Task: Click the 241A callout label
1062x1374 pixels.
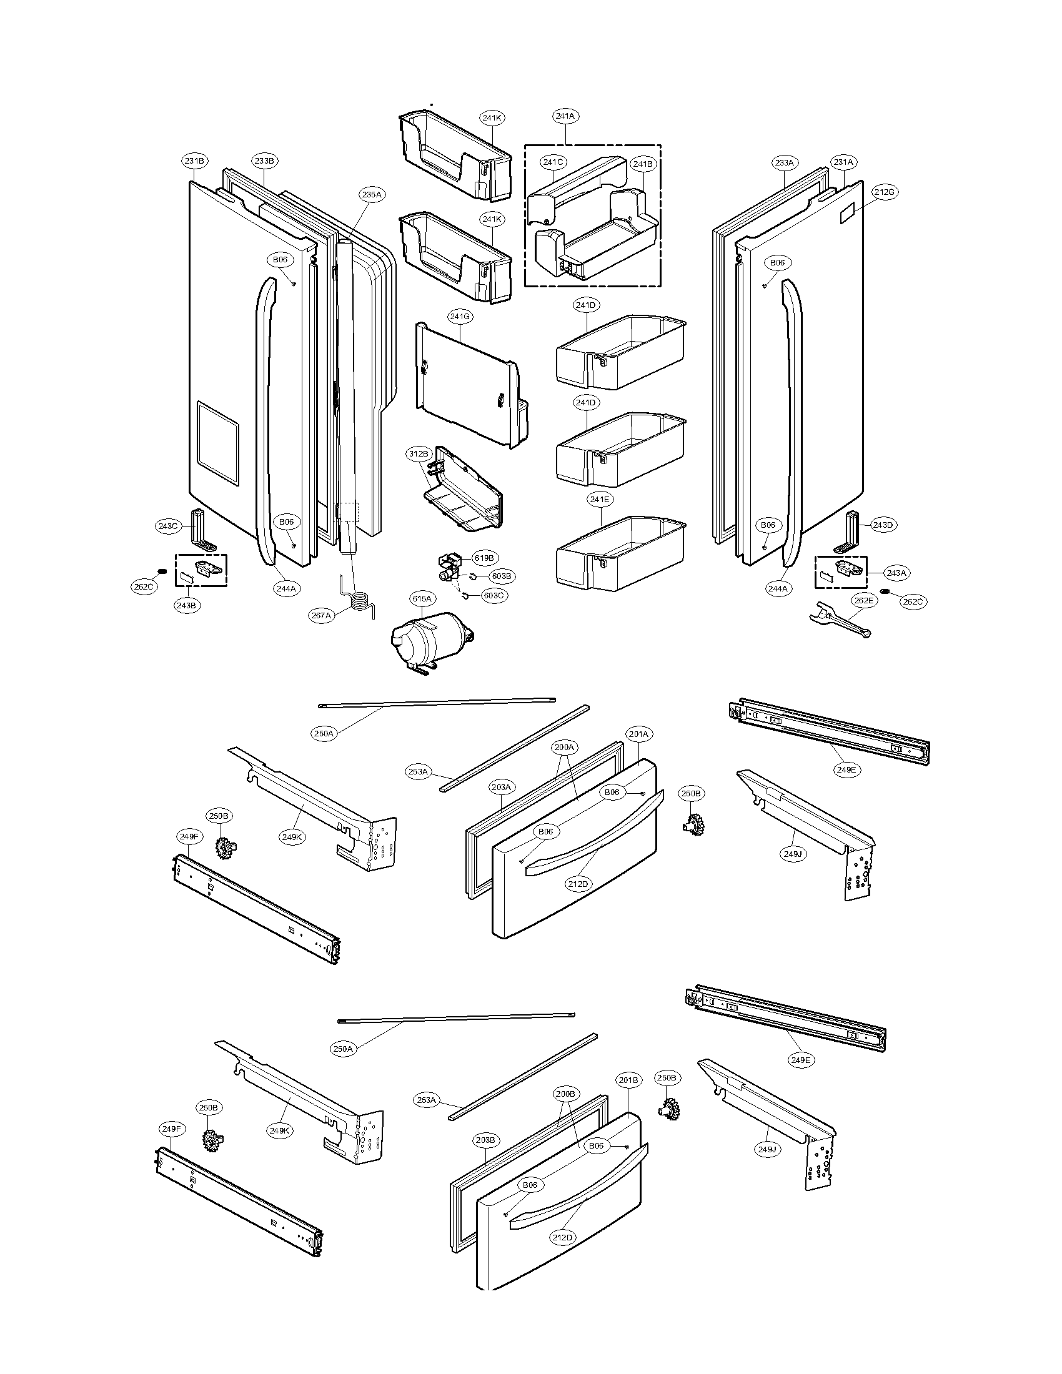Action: point(565,116)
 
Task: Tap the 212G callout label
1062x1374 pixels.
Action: point(884,192)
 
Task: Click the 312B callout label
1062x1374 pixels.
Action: point(418,453)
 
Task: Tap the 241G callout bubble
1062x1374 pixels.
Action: point(460,317)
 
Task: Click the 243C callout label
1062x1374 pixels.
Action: point(168,526)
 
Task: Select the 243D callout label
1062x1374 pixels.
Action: point(883,525)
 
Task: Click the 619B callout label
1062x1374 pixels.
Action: point(485,558)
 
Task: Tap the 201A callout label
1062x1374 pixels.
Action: point(638,734)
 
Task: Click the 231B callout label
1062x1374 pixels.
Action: point(195,161)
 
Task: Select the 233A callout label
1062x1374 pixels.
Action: point(785,163)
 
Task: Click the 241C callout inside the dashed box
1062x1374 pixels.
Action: point(553,162)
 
